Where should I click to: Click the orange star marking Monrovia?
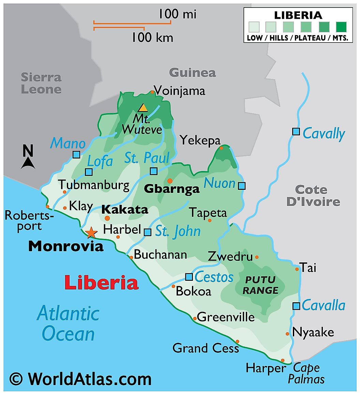(x=91, y=233)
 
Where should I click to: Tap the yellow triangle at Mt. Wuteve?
(x=143, y=108)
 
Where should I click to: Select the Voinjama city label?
(x=179, y=91)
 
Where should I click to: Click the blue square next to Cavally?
(x=296, y=132)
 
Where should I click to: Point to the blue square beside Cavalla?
(x=296, y=306)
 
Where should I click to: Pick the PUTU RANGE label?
(x=260, y=285)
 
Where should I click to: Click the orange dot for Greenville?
(x=195, y=319)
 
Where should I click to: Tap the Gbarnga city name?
(x=172, y=189)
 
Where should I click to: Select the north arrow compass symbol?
(x=28, y=157)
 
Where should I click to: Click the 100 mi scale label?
(x=177, y=14)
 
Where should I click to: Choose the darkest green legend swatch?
(x=341, y=27)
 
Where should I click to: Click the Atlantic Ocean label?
(x=68, y=323)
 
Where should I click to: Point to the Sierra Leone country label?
(x=41, y=83)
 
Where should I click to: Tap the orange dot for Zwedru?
(x=257, y=257)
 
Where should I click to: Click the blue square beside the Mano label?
(x=76, y=155)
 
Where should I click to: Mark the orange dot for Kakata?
(x=107, y=218)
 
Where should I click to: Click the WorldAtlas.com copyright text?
(x=80, y=379)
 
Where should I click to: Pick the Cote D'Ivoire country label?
(x=313, y=196)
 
